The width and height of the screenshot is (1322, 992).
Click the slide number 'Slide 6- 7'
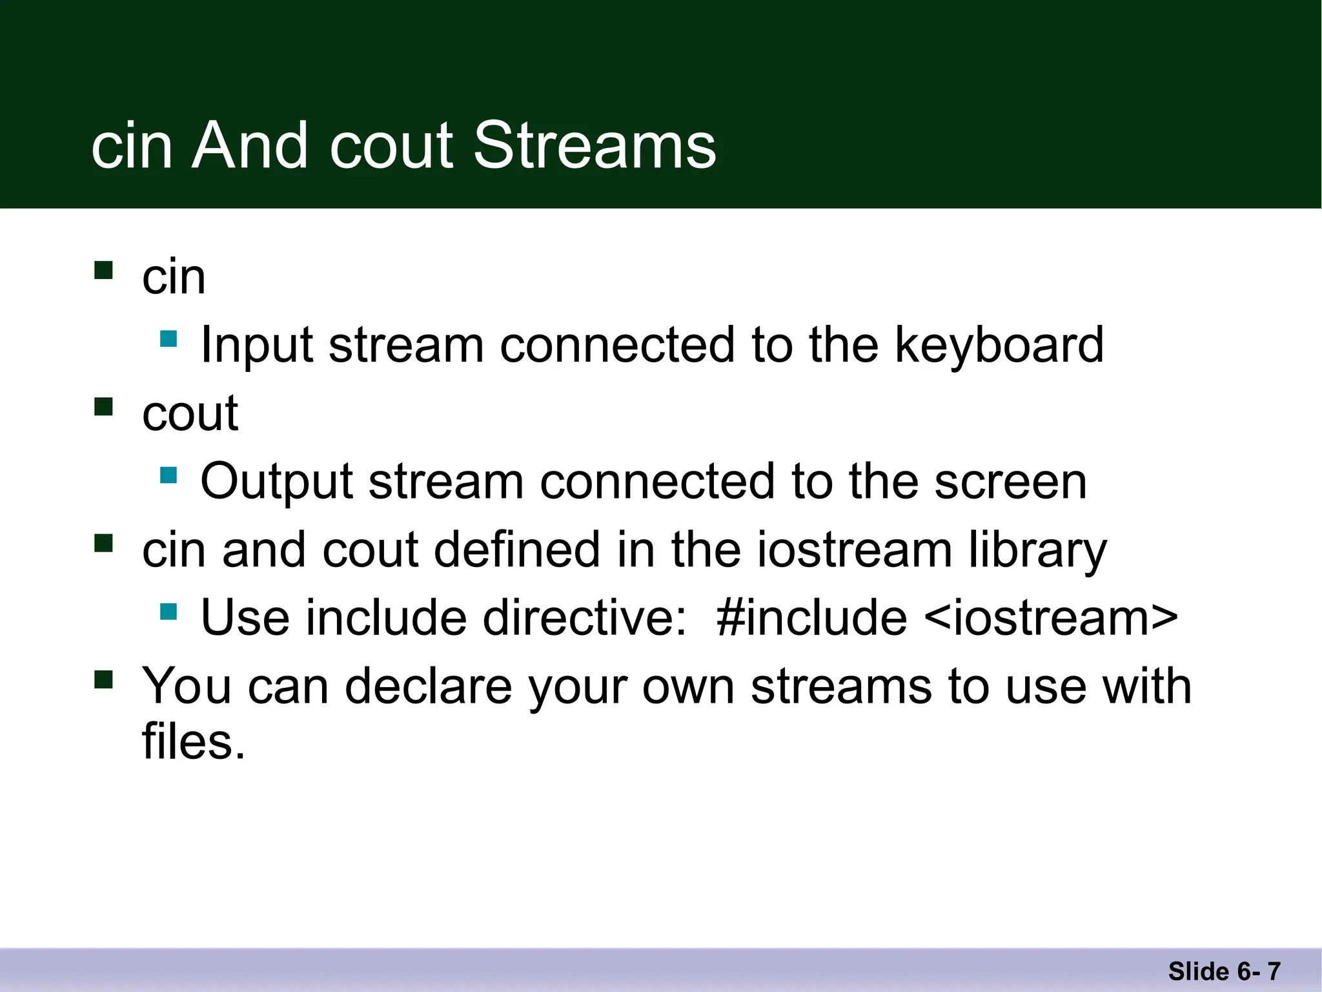click(x=1224, y=971)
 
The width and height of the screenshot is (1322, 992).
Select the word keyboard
click(x=999, y=346)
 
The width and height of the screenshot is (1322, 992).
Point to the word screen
click(x=1010, y=482)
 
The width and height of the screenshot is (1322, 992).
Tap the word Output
click(x=276, y=482)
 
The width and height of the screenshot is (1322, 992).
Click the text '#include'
click(x=811, y=618)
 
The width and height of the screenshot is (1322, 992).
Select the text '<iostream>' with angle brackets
click(x=1051, y=618)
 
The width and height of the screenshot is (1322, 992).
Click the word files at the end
click(x=193, y=741)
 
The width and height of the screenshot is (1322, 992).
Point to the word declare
click(x=428, y=686)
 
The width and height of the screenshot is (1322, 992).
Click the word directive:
click(x=584, y=618)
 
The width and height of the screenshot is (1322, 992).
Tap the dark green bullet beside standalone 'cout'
click(x=103, y=407)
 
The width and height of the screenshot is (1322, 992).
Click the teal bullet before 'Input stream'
click(x=168, y=338)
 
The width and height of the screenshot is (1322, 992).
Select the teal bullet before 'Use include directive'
click(x=168, y=611)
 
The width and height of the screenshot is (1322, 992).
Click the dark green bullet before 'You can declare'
click(x=103, y=679)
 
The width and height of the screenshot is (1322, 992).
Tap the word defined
click(x=516, y=550)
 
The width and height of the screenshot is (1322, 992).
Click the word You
click(x=186, y=686)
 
